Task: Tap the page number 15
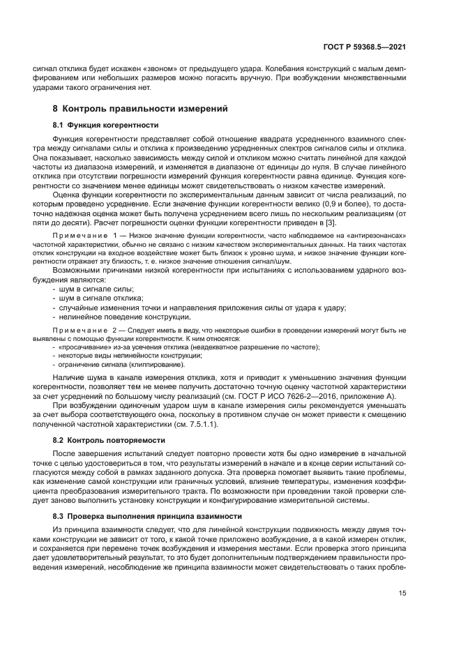pyautogui.click(x=402, y=594)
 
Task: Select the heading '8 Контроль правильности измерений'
pyautogui.click(x=140, y=109)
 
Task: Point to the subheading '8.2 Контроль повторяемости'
pyautogui.click(x=109, y=440)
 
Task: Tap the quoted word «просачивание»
pyautogui.click(x=81, y=346)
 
